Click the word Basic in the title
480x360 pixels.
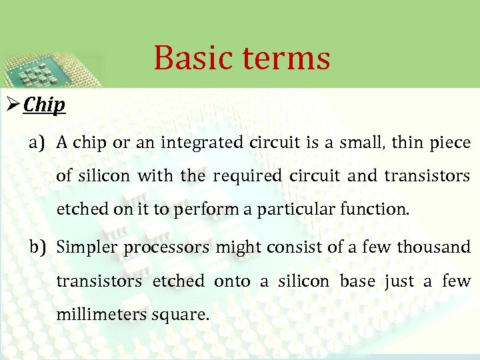pos(194,57)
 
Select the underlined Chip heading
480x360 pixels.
pos(44,105)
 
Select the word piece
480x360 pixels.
pos(450,143)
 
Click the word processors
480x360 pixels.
pos(157,247)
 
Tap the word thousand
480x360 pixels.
pos(434,247)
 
